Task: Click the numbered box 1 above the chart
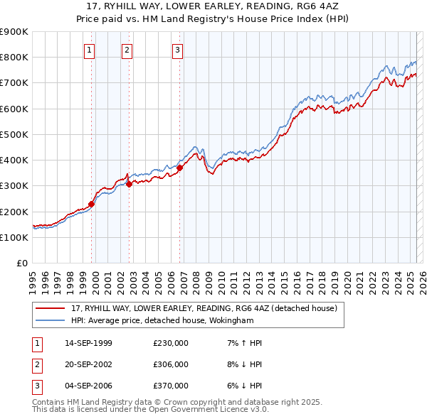pyautogui.click(x=89, y=50)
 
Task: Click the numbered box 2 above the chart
pyautogui.click(x=127, y=50)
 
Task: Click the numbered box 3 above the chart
pyautogui.click(x=176, y=50)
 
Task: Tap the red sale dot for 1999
pyautogui.click(x=92, y=204)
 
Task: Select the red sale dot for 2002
pyautogui.click(x=130, y=184)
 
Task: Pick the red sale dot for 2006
pyautogui.click(x=180, y=168)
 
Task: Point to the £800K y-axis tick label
pyautogui.click(x=14, y=58)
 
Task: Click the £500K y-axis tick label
pyautogui.click(x=14, y=134)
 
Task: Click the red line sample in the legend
pyautogui.click(x=50, y=308)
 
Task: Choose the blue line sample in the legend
pyautogui.click(x=50, y=320)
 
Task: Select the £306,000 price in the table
pyautogui.click(x=170, y=364)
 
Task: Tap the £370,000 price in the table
pyautogui.click(x=170, y=386)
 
